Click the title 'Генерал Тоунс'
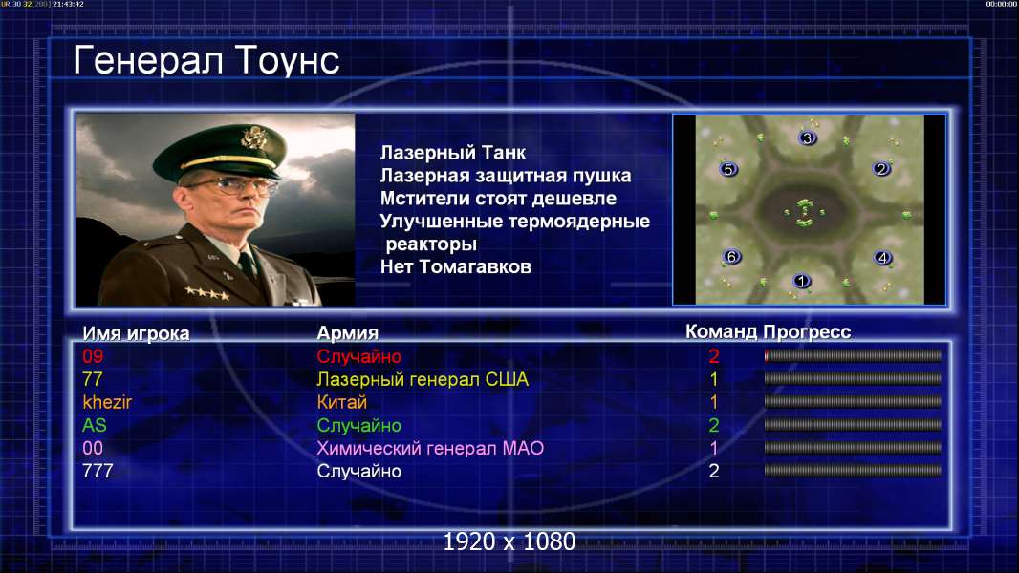(206, 60)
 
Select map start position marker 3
(807, 138)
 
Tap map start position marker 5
(728, 169)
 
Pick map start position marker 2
(881, 169)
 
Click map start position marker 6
(732, 256)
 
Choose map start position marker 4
(882, 258)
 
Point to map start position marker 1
(802, 281)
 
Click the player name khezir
(107, 402)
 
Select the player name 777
(98, 471)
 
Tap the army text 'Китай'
(342, 402)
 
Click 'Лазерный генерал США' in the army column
(423, 379)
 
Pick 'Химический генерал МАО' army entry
(430, 449)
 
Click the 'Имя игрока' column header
(136, 333)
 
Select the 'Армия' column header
(348, 333)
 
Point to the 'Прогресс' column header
(807, 332)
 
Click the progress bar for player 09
(853, 355)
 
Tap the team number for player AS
(713, 426)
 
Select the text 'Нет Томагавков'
(456, 266)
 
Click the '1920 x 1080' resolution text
(509, 541)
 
